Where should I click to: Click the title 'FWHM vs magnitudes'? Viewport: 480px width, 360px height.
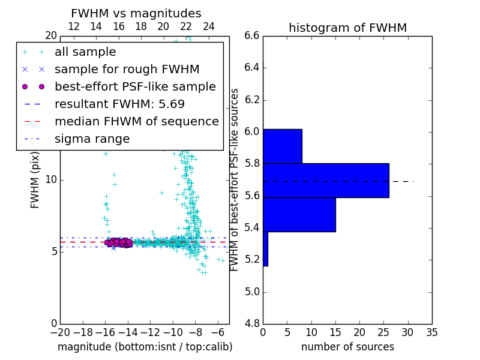(x=136, y=13)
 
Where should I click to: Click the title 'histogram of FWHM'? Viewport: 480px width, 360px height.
(x=347, y=28)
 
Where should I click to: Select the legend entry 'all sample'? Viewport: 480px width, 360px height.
(x=85, y=52)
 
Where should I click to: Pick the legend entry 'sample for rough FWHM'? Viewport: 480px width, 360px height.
(x=127, y=69)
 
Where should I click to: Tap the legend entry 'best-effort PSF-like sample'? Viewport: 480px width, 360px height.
(x=135, y=86)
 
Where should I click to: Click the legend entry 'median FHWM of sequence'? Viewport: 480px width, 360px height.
(x=136, y=121)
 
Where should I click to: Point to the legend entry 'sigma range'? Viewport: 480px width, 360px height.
(x=92, y=139)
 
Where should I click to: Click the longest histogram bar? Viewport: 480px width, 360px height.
(x=326, y=180)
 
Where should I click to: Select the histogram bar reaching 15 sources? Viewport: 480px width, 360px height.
(x=299, y=214)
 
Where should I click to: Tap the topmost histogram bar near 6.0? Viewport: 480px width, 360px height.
(x=282, y=146)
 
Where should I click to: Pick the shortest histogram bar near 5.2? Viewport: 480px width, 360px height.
(x=265, y=248)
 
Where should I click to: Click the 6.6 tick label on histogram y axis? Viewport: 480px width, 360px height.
(x=251, y=35)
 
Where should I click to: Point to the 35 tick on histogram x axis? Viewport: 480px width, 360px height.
(x=431, y=332)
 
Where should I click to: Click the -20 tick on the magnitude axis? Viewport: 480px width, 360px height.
(x=59, y=332)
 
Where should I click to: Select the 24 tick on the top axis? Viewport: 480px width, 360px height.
(x=208, y=26)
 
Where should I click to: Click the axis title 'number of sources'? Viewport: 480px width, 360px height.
(x=347, y=347)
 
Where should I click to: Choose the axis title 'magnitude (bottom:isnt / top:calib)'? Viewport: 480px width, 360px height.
(x=145, y=347)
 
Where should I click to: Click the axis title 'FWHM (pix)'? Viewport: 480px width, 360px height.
(x=35, y=179)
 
